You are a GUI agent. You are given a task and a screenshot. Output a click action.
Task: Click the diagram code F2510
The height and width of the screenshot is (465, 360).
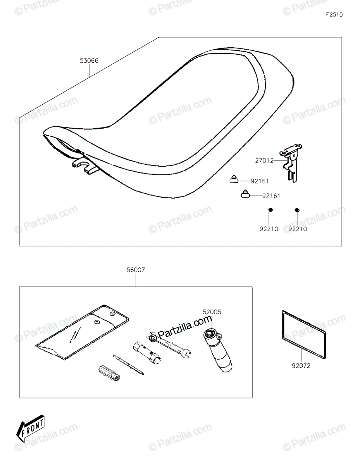(x=334, y=15)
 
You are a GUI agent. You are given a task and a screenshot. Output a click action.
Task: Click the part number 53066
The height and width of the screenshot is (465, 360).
(x=89, y=60)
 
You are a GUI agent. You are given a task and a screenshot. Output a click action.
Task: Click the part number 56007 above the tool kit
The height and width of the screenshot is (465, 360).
(x=136, y=270)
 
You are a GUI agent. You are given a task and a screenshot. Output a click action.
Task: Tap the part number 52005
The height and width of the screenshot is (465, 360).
(x=212, y=311)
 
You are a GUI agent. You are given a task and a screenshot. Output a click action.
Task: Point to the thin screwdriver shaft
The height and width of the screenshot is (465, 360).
(x=129, y=364)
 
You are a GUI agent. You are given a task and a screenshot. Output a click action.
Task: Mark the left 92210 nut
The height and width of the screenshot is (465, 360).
(x=270, y=210)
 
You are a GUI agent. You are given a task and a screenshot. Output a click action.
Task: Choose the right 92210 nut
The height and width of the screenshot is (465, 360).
(x=297, y=210)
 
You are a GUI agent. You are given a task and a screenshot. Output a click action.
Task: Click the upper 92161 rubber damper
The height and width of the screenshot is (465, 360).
(x=234, y=179)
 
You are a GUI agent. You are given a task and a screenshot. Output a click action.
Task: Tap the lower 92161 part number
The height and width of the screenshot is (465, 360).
(x=271, y=196)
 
